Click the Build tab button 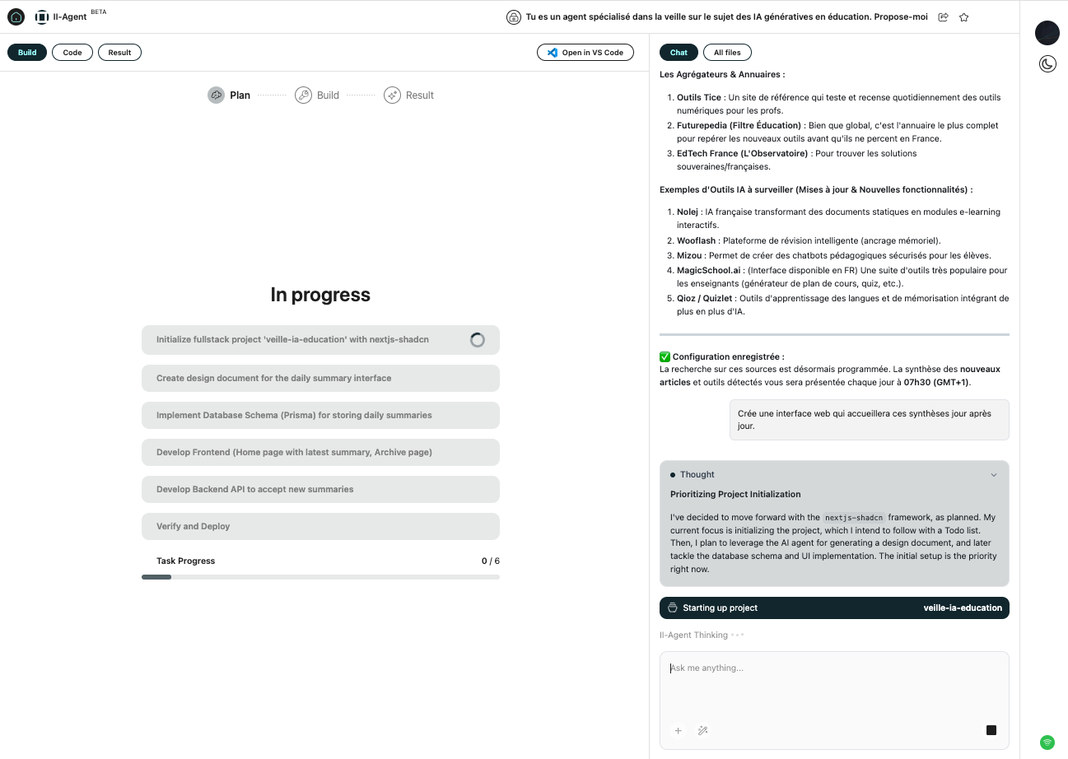27,53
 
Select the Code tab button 72,53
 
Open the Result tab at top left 119,53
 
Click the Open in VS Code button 585,53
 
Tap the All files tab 726,53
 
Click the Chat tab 679,53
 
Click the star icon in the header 963,17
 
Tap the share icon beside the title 943,17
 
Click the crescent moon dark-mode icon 1047,64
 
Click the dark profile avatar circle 1047,33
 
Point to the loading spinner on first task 478,340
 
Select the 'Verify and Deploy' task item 320,526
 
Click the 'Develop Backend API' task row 320,489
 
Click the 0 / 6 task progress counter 490,561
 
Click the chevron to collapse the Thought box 994,475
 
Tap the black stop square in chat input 991,730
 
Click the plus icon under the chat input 679,730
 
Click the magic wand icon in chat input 703,730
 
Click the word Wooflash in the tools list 696,240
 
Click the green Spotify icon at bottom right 1047,743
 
